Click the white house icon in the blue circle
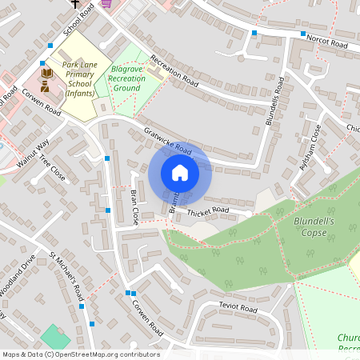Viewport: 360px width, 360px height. (180, 173)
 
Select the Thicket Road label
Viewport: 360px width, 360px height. (208, 212)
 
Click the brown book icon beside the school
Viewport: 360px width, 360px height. (46, 73)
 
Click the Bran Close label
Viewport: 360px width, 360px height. (134, 206)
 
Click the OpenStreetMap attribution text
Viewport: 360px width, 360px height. (81, 354)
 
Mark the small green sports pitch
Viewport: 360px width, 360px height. (54, 336)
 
